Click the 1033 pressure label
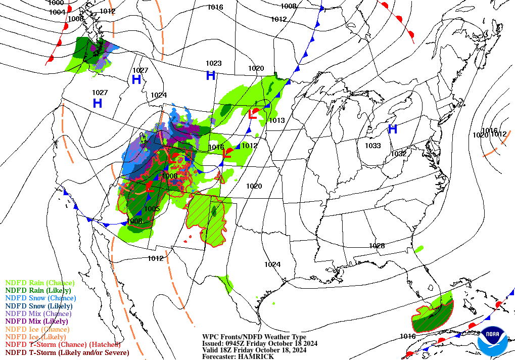point(372,146)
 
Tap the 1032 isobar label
point(399,154)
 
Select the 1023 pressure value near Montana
point(213,63)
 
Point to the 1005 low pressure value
point(152,209)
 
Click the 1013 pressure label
point(277,120)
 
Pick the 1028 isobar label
point(377,246)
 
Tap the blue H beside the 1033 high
point(392,129)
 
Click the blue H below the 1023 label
point(211,76)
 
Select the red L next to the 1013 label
point(252,115)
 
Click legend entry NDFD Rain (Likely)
point(38,291)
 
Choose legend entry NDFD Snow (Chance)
point(39,298)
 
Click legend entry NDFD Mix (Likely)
point(36,321)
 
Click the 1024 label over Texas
point(272,264)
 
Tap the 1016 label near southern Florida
point(407,336)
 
